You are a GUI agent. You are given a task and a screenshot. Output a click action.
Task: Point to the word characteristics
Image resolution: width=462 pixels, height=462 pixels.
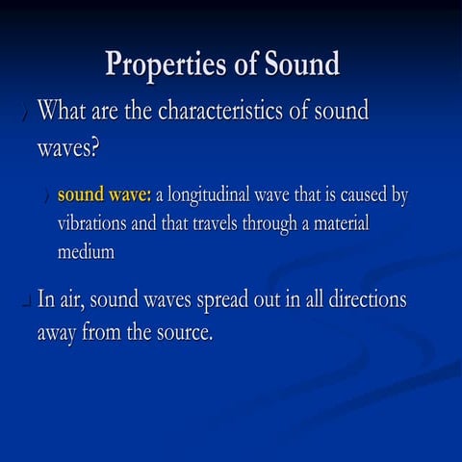[x=229, y=111]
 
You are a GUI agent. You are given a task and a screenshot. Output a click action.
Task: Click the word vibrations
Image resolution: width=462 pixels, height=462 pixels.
[x=98, y=223]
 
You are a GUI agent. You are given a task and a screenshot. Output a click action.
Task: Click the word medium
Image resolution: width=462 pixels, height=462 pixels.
[x=86, y=252]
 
